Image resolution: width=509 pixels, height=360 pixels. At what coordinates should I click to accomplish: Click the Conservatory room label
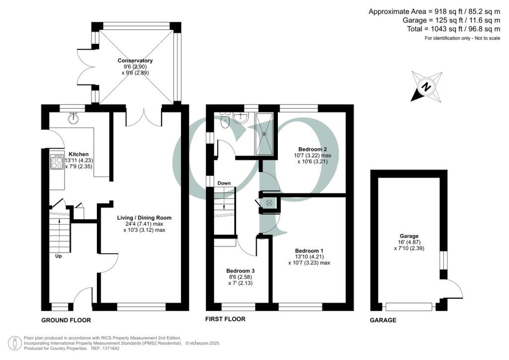(x=135, y=61)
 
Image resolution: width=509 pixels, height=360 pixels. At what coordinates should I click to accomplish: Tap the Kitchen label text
(x=79, y=154)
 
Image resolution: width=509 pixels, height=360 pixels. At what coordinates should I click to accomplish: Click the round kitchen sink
(x=74, y=118)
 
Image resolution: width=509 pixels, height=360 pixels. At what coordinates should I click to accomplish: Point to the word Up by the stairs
(x=59, y=257)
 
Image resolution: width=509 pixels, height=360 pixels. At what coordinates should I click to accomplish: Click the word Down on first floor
(x=224, y=183)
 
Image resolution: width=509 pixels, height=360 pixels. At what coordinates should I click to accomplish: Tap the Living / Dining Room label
(x=144, y=218)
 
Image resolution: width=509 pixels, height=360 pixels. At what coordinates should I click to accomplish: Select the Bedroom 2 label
(x=312, y=149)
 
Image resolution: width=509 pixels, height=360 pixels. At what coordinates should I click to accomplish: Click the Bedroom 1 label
(x=309, y=251)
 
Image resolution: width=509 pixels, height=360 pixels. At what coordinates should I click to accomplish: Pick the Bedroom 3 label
(x=240, y=271)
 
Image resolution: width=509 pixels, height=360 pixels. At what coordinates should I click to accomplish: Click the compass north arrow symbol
(x=426, y=87)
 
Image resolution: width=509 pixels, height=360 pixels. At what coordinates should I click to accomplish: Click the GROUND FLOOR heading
(x=66, y=320)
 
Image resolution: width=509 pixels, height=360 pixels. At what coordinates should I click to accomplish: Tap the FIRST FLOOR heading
(x=225, y=319)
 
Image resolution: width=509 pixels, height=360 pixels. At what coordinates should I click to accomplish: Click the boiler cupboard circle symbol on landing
(x=269, y=202)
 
